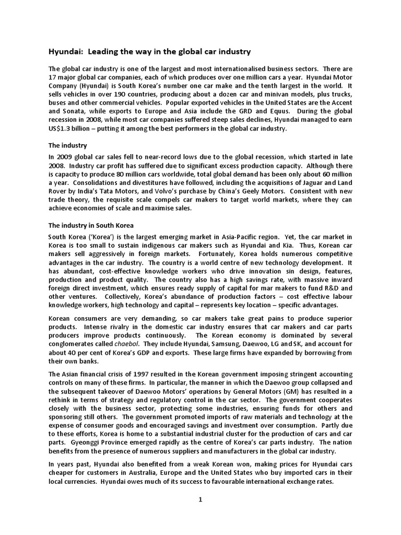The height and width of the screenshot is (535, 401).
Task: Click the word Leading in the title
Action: (103, 52)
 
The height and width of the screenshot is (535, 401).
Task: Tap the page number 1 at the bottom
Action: (200, 499)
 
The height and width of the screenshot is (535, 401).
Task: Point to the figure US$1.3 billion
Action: (73, 129)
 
